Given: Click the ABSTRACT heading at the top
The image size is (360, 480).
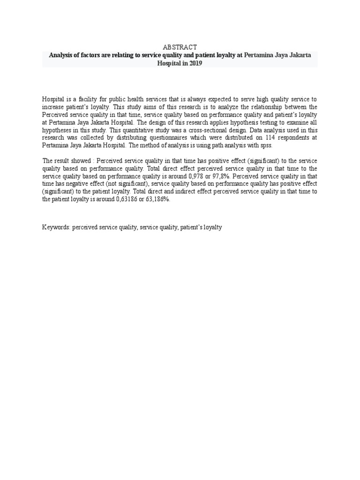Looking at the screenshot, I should coord(180,47).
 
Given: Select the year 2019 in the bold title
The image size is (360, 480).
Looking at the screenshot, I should coord(195,63).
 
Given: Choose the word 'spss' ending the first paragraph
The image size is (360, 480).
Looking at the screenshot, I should coord(265,145).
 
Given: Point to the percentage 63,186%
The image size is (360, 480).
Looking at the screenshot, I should coord(157,199).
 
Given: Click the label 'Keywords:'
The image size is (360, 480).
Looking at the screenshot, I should coord(56,227).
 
